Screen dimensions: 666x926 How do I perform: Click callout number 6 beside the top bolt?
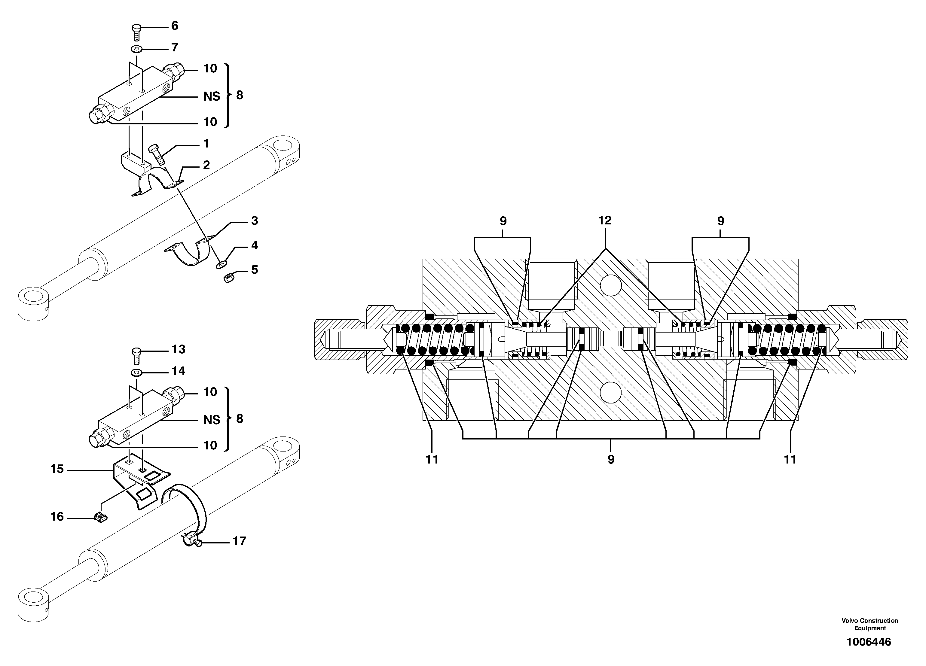click(x=174, y=26)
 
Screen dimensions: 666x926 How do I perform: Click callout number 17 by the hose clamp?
click(x=239, y=541)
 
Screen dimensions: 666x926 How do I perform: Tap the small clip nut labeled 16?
click(x=100, y=518)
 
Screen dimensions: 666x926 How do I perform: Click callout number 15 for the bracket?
click(x=57, y=469)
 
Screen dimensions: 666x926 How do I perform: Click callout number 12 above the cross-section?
click(x=605, y=220)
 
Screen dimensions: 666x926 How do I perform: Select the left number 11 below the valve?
click(x=432, y=460)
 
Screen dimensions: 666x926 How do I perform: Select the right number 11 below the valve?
click(x=790, y=460)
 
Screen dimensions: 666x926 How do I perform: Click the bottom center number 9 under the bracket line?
click(x=611, y=460)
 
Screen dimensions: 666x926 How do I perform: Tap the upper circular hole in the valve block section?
click(x=611, y=285)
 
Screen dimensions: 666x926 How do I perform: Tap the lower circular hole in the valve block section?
click(x=611, y=393)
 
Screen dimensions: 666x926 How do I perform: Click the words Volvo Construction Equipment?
click(x=870, y=624)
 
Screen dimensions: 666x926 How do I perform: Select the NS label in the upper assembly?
click(x=212, y=96)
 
